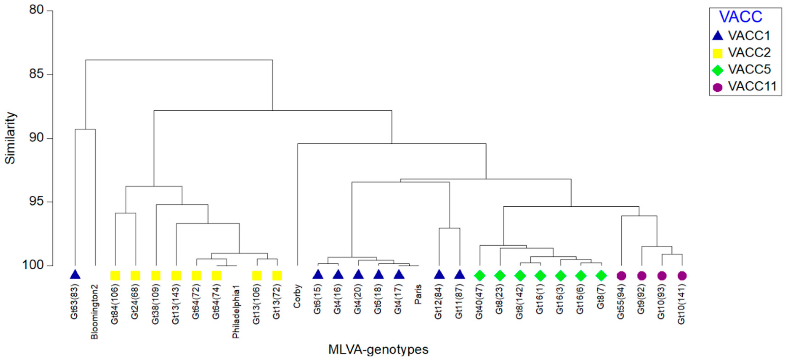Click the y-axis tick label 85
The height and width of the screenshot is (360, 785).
coord(36,74)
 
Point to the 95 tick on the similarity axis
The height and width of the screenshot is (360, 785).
coord(36,202)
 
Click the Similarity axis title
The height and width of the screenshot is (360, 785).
coord(10,138)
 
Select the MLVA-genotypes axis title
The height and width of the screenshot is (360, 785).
coord(378,349)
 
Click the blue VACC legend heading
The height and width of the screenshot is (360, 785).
coord(740,17)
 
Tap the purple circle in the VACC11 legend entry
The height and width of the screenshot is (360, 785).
coord(718,87)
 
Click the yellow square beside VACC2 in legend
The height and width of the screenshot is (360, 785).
coord(718,53)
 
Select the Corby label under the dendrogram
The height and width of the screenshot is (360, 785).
coord(297,296)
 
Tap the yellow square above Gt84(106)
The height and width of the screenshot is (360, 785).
coord(115,276)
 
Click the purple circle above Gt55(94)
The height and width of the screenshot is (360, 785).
coord(621,276)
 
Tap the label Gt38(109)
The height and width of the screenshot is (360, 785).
coord(155,304)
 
